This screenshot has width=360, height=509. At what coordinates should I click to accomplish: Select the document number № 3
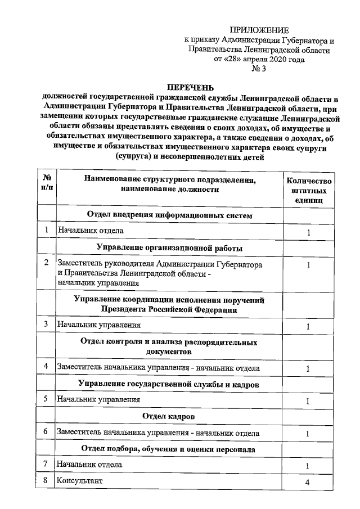pyautogui.click(x=259, y=69)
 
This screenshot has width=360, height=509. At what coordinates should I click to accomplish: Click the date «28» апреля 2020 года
pyautogui.click(x=259, y=59)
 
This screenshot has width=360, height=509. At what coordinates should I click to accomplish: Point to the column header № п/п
pyautogui.click(x=47, y=184)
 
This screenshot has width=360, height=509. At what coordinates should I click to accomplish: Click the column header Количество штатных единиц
pyautogui.click(x=309, y=190)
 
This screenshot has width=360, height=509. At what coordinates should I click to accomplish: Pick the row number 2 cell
pyautogui.click(x=46, y=263)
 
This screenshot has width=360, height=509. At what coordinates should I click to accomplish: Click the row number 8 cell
pyautogui.click(x=46, y=481)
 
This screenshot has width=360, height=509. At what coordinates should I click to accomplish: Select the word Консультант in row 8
pyautogui.click(x=79, y=481)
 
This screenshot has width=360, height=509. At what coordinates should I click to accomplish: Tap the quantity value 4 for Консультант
pyautogui.click(x=308, y=482)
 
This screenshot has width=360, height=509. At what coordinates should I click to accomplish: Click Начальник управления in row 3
pyautogui.click(x=98, y=325)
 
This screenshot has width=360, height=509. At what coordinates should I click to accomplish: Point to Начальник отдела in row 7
pyautogui.click(x=89, y=465)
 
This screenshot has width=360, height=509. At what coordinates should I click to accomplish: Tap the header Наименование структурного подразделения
pyautogui.click(x=169, y=180)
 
